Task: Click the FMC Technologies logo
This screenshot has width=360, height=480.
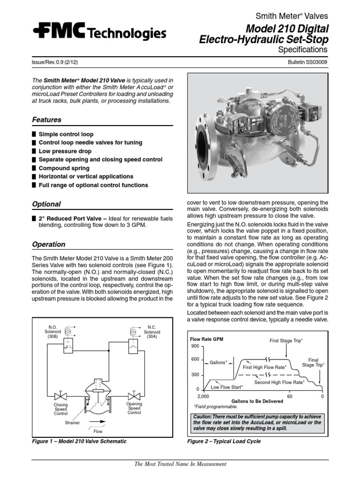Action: (x=99, y=33)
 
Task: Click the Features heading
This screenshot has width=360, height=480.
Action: (x=46, y=120)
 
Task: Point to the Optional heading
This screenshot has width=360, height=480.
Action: (x=46, y=204)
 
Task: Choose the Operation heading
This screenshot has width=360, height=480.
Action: (x=48, y=245)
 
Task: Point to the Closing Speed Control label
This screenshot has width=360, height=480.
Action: (x=61, y=409)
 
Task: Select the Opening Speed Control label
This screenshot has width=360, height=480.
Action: (x=134, y=408)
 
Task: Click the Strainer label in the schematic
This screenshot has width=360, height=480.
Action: (x=72, y=422)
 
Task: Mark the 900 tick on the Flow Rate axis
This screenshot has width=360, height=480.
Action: (x=195, y=346)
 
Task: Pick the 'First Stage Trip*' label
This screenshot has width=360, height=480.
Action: (x=286, y=340)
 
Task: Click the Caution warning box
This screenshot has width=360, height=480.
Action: (x=258, y=423)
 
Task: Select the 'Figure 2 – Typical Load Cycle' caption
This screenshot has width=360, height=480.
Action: (x=224, y=442)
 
